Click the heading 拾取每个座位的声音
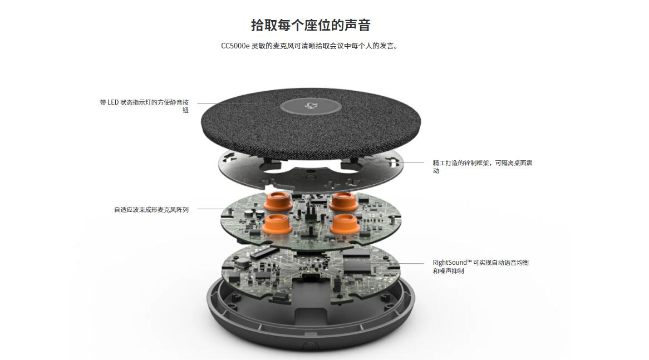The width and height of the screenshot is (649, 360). pyautogui.click(x=311, y=25)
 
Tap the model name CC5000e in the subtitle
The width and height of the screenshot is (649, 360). pyautogui.click(x=235, y=46)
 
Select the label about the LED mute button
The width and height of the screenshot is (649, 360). pyautogui.click(x=145, y=106)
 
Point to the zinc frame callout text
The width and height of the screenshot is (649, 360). pyautogui.click(x=483, y=167)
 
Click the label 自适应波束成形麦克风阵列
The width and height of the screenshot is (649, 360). pyautogui.click(x=151, y=210)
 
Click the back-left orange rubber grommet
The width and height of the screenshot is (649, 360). pyautogui.click(x=277, y=200)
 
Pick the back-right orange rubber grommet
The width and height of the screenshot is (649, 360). pyautogui.click(x=343, y=201)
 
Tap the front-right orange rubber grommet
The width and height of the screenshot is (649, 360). pyautogui.click(x=343, y=224)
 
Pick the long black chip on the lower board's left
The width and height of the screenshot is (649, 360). pyautogui.click(x=263, y=251)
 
